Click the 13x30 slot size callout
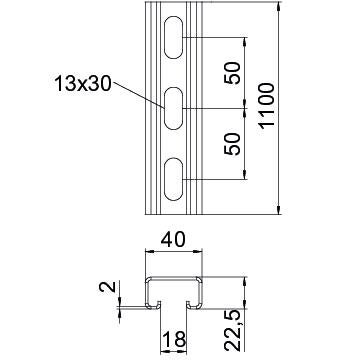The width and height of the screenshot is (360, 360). click(82, 84)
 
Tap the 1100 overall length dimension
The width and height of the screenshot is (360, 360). click(267, 105)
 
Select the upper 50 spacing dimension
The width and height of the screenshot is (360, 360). click(233, 73)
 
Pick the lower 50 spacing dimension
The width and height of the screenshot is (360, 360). click(233, 144)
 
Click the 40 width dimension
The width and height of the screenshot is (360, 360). click(173, 240)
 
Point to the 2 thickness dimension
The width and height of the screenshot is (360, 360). click(107, 287)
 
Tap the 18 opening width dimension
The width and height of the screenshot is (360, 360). click(173, 340)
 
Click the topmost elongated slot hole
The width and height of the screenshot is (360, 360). click(174, 37)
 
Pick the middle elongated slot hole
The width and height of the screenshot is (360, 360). click(174, 108)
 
